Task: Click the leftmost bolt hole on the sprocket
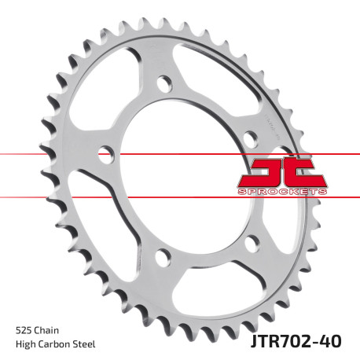103,152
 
